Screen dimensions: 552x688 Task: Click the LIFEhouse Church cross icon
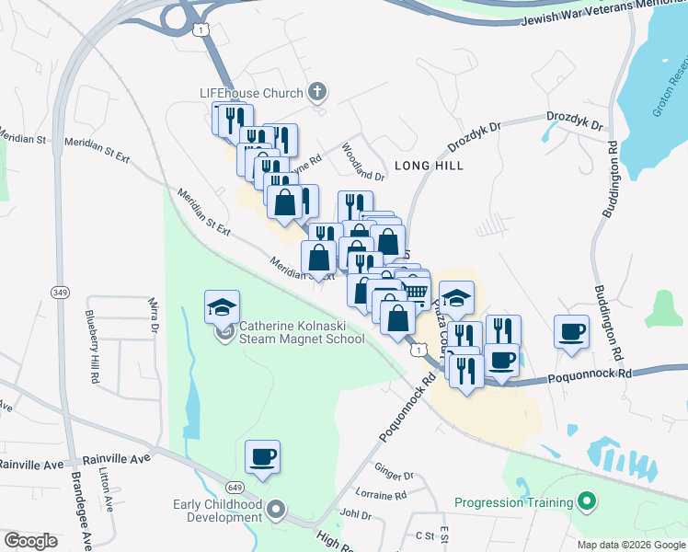(x=317, y=92)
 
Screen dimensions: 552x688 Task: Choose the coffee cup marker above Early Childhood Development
(x=262, y=456)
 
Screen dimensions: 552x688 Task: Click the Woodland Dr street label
(x=362, y=162)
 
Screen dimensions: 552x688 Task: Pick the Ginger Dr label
(x=395, y=475)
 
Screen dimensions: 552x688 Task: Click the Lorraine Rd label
(x=380, y=495)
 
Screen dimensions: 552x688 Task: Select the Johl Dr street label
(x=354, y=514)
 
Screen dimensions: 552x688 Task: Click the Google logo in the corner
(x=30, y=541)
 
